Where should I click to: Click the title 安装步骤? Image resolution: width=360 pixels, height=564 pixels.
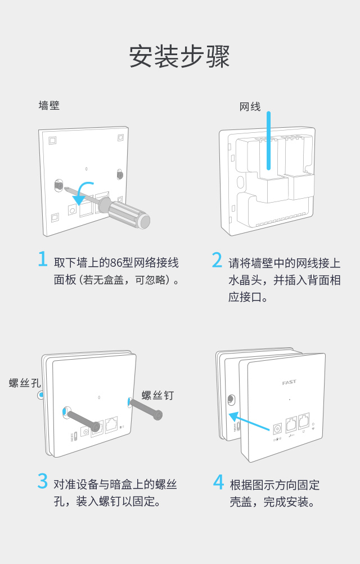pos(179,56)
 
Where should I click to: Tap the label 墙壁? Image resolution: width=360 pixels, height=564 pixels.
pos(49,105)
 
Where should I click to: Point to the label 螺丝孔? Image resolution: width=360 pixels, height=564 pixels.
pos(25,383)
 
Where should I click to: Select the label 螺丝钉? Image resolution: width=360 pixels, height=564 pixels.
pos(157,396)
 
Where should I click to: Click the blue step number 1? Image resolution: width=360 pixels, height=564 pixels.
pos(42,259)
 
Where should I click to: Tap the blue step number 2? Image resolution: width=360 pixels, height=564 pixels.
pos(217,260)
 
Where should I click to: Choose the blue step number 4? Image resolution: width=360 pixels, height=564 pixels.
pos(218,482)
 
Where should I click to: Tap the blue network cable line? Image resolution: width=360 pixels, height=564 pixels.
pos(269,141)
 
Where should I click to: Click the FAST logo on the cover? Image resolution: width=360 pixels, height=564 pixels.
pos(289,383)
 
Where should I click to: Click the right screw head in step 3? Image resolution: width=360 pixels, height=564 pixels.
pos(159,415)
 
